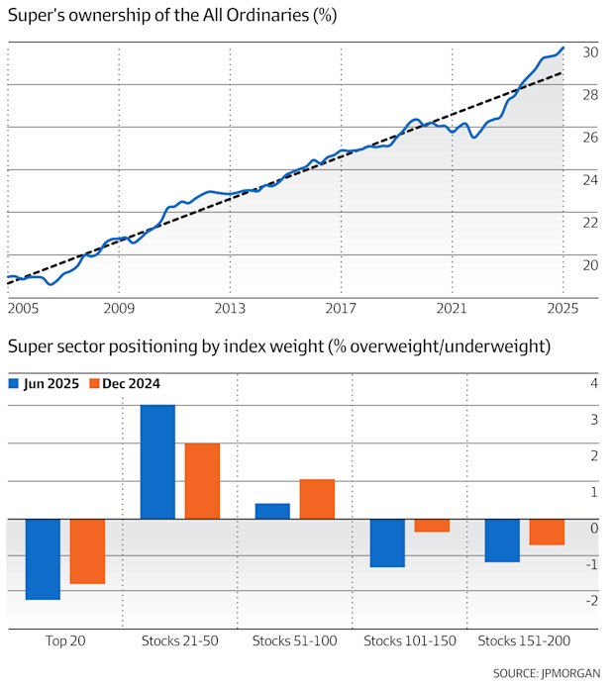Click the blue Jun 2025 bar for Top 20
(43, 559)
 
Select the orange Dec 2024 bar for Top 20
(87, 551)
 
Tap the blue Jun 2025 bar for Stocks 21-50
(157, 462)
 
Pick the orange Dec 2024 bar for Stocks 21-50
(202, 481)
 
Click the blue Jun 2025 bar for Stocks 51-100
(272, 511)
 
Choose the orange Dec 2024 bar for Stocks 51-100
(317, 499)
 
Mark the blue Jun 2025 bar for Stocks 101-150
(387, 542)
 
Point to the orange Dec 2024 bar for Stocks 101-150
(432, 526)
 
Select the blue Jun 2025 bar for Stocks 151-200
(502, 540)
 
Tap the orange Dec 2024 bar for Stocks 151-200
(547, 532)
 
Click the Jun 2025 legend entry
(44, 383)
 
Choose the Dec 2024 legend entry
(125, 383)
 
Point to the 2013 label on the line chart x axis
(230, 309)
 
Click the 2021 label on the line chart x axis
(452, 309)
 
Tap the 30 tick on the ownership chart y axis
(590, 52)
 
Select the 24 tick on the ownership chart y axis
(590, 180)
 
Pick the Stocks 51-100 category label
(294, 641)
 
